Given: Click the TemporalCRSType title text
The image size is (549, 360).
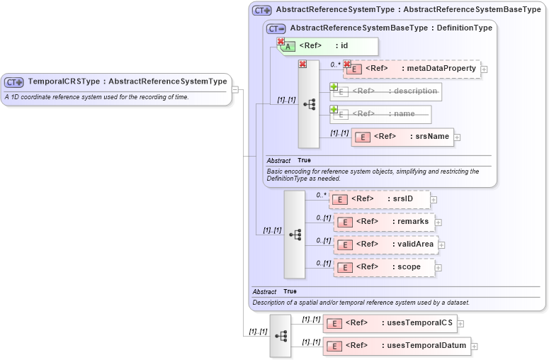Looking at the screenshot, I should (x=128, y=81).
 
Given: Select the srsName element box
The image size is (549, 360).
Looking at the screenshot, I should (x=402, y=137).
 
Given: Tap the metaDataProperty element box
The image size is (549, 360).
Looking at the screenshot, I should (x=412, y=69).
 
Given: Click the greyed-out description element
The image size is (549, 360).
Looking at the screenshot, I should (x=385, y=91).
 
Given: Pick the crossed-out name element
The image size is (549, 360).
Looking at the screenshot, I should (x=380, y=114).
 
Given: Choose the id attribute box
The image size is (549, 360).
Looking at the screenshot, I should (x=329, y=46).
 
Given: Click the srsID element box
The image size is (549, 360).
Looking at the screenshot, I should (x=380, y=199).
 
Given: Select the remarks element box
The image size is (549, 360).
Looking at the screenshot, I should (x=384, y=222).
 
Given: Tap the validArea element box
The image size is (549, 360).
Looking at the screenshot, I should (x=385, y=244).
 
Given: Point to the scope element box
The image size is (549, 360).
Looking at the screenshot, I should (x=384, y=267).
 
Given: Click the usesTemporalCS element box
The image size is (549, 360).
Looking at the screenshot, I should (x=390, y=323).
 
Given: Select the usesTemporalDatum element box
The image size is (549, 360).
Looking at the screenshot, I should (x=397, y=346).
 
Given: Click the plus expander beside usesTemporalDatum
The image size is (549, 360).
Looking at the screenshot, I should (x=475, y=347).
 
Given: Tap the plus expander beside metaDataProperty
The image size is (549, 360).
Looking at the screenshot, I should (x=485, y=69).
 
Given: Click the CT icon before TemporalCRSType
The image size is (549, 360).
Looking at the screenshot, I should (x=14, y=82).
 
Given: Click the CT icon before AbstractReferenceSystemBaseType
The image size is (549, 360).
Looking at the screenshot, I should (x=276, y=28).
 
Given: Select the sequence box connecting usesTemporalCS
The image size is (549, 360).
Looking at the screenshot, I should (x=281, y=335).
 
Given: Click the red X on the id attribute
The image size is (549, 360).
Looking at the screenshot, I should (x=281, y=42).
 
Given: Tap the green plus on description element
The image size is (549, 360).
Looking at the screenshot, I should (x=334, y=87).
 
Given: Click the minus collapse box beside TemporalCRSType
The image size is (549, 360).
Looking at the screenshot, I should (x=235, y=89).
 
